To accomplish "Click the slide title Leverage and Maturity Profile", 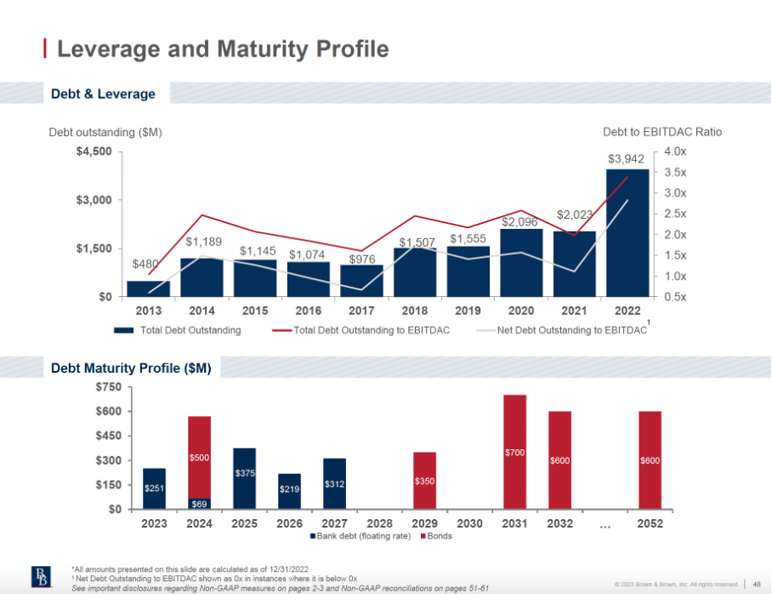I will click(x=222, y=49).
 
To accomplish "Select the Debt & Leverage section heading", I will click(x=103, y=94).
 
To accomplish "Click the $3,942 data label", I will click(x=627, y=159).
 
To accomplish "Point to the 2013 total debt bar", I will click(x=148, y=288).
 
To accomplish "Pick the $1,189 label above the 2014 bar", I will click(x=203, y=242).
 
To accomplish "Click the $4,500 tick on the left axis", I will click(x=94, y=151).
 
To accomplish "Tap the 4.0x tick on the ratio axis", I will click(x=676, y=151).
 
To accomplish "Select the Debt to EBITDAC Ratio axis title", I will click(x=661, y=132).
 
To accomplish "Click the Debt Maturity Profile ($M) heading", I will click(x=130, y=368).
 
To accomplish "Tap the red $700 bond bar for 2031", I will click(x=514, y=452).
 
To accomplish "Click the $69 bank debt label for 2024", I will click(x=199, y=504).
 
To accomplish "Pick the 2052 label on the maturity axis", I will click(x=650, y=523).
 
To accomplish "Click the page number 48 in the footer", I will click(x=756, y=584).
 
